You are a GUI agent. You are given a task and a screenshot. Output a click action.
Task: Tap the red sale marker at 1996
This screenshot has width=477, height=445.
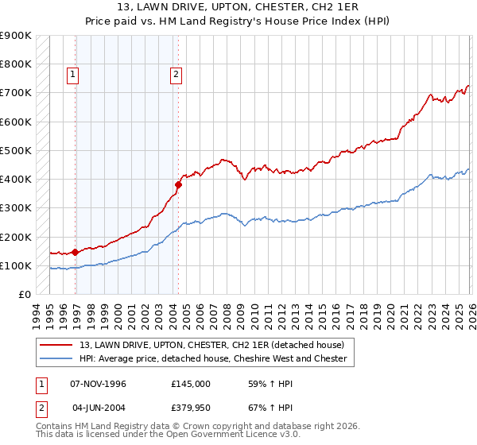76,253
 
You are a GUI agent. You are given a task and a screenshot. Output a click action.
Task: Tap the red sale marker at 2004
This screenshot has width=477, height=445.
178,185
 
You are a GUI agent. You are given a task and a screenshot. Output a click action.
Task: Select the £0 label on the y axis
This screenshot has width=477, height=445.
24,295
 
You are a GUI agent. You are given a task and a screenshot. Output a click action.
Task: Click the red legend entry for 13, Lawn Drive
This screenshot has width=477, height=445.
211,345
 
